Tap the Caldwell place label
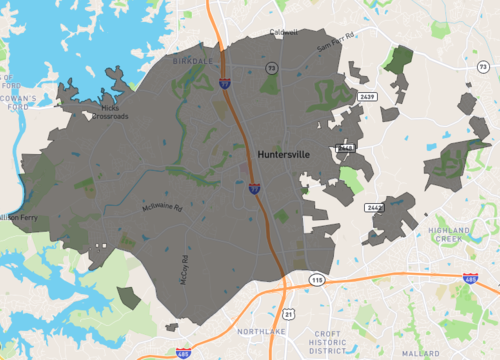[x=283, y=33]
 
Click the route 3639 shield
[x=367, y=97]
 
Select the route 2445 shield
[x=347, y=148]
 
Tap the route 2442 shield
[x=375, y=207]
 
